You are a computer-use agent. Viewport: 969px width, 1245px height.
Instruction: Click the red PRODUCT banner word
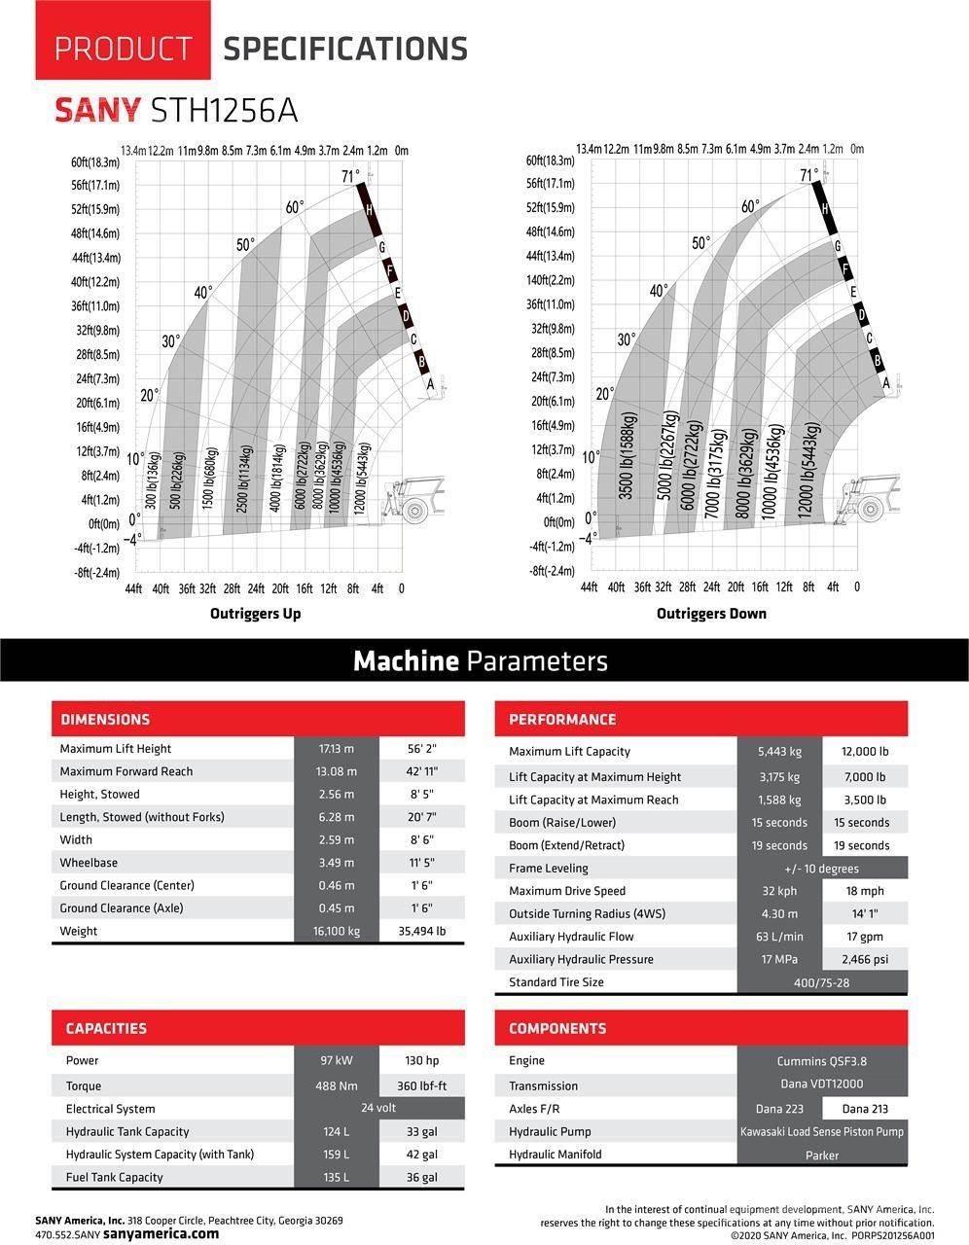tap(123, 48)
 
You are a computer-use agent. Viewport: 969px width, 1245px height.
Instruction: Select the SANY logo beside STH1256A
tap(97, 110)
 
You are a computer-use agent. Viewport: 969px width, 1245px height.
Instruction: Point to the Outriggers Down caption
tap(711, 614)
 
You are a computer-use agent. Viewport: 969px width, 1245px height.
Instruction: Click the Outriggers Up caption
tap(255, 614)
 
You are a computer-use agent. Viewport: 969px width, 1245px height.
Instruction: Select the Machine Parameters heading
tap(481, 661)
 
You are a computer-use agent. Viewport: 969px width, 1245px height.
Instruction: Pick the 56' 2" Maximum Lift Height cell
tap(421, 749)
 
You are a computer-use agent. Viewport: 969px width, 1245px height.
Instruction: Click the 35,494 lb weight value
tap(421, 931)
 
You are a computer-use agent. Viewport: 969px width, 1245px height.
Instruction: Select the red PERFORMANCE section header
tap(562, 720)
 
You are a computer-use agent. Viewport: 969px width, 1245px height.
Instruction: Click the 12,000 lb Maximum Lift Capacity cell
tap(865, 752)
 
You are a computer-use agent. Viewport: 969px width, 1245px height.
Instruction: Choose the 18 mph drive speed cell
tap(865, 891)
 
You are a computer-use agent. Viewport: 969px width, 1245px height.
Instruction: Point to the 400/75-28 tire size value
tap(821, 982)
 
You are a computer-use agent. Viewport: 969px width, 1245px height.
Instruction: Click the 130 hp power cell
tap(421, 1061)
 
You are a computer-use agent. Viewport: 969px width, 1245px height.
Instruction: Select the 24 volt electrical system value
tap(378, 1108)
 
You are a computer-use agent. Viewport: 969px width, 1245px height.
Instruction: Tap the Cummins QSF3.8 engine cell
tap(821, 1061)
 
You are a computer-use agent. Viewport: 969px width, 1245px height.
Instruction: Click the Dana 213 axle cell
tap(864, 1109)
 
